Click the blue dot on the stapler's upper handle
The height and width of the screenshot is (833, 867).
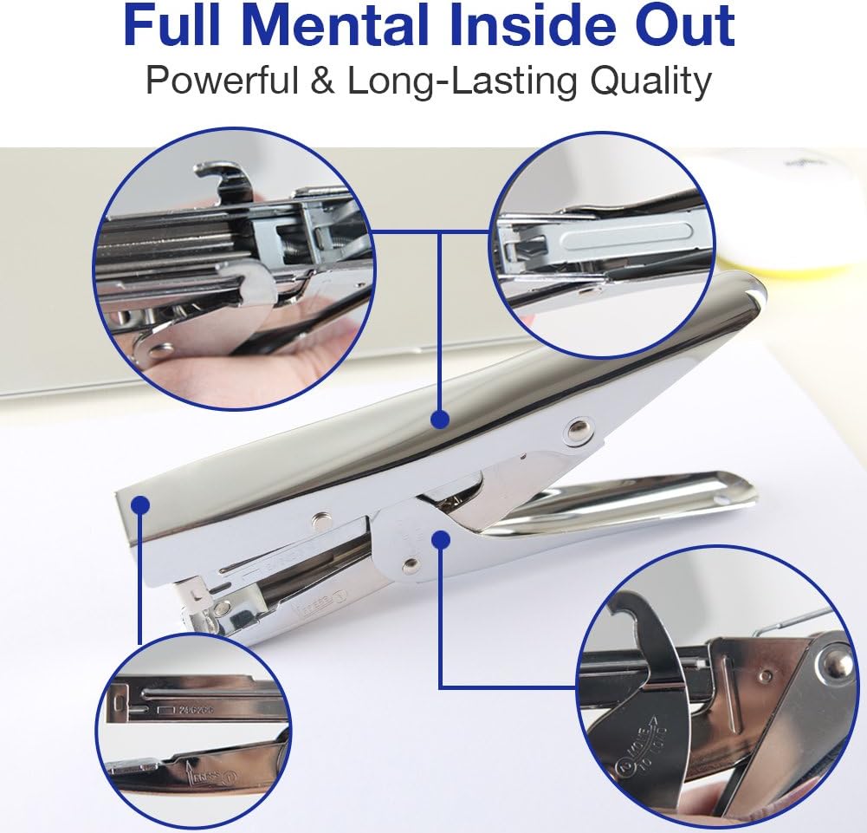coord(441,420)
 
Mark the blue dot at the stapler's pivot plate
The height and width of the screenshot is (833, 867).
coord(441,539)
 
